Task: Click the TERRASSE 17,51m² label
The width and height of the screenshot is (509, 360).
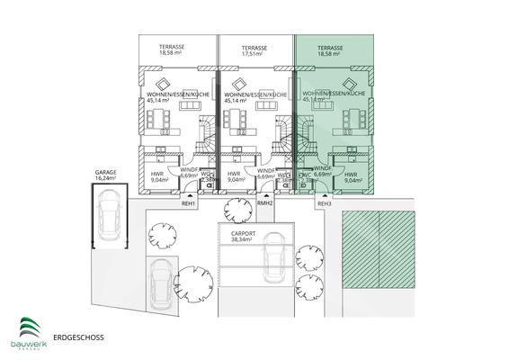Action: pyautogui.click(x=254, y=50)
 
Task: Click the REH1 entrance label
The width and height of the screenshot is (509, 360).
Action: pyautogui.click(x=190, y=204)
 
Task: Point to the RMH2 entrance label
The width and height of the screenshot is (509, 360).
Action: pyautogui.click(x=264, y=204)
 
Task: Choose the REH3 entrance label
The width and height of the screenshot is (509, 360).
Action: pyautogui.click(x=325, y=204)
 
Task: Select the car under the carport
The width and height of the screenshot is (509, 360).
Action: pyautogui.click(x=272, y=262)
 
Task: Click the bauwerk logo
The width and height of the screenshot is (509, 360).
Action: pyautogui.click(x=31, y=330)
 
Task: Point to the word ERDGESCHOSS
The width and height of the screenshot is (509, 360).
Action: pyautogui.click(x=78, y=337)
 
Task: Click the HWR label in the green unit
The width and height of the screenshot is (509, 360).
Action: pyautogui.click(x=352, y=176)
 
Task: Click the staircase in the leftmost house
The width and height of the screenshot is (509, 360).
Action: pyautogui.click(x=206, y=136)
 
